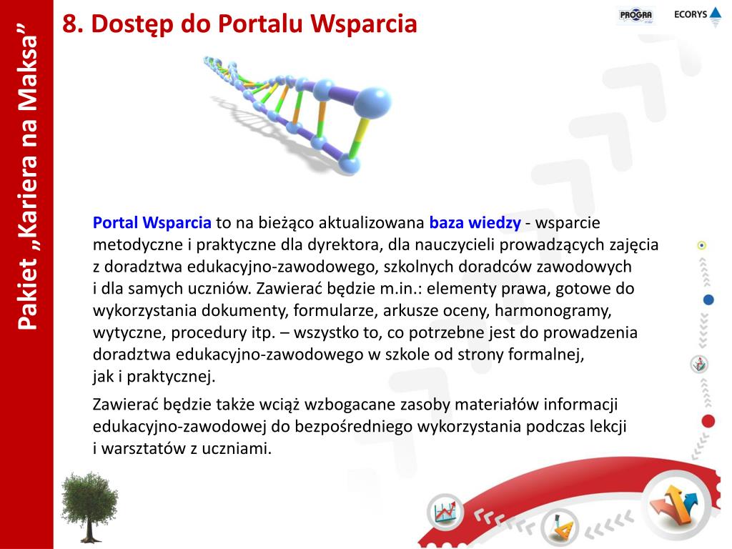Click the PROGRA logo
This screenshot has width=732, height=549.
coord(635,16)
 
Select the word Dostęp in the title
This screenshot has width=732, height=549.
coord(132,24)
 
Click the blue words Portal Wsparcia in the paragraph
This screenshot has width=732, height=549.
coord(152,223)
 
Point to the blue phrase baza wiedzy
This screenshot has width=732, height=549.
coord(475,223)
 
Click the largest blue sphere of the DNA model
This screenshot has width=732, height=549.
coord(372,102)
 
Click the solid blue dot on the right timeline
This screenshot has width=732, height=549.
coord(708,300)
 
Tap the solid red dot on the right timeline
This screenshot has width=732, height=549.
coord(708,421)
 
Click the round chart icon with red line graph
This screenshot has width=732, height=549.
coord(445,512)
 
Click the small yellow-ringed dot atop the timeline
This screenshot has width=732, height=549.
coord(702,245)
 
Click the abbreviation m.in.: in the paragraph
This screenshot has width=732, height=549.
coord(401,289)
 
